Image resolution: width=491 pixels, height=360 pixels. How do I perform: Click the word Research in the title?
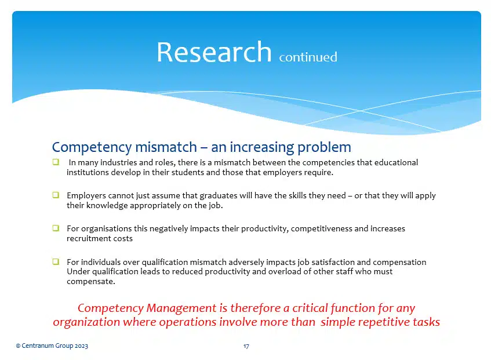point(213,52)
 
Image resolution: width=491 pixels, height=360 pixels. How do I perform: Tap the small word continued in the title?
point(308,57)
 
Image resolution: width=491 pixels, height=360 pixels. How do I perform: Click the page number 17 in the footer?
point(246,346)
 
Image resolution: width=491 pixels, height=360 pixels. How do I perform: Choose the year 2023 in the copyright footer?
point(80,346)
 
